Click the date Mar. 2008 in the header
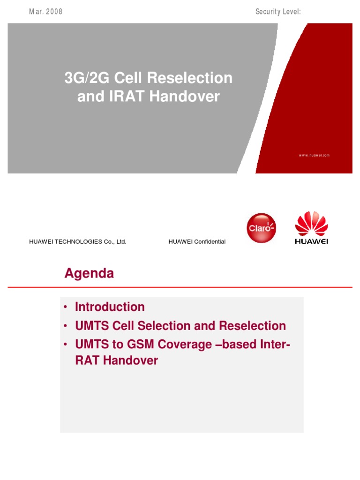click(x=45, y=12)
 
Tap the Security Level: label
click(x=278, y=12)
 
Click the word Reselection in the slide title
click(x=193, y=78)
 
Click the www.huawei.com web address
click(x=315, y=155)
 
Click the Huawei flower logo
click(x=311, y=224)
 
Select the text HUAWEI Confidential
click(x=197, y=242)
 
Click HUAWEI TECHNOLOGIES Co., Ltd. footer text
click(x=78, y=242)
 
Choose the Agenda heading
click(x=89, y=274)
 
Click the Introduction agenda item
click(x=110, y=307)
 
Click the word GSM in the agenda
click(x=135, y=345)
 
